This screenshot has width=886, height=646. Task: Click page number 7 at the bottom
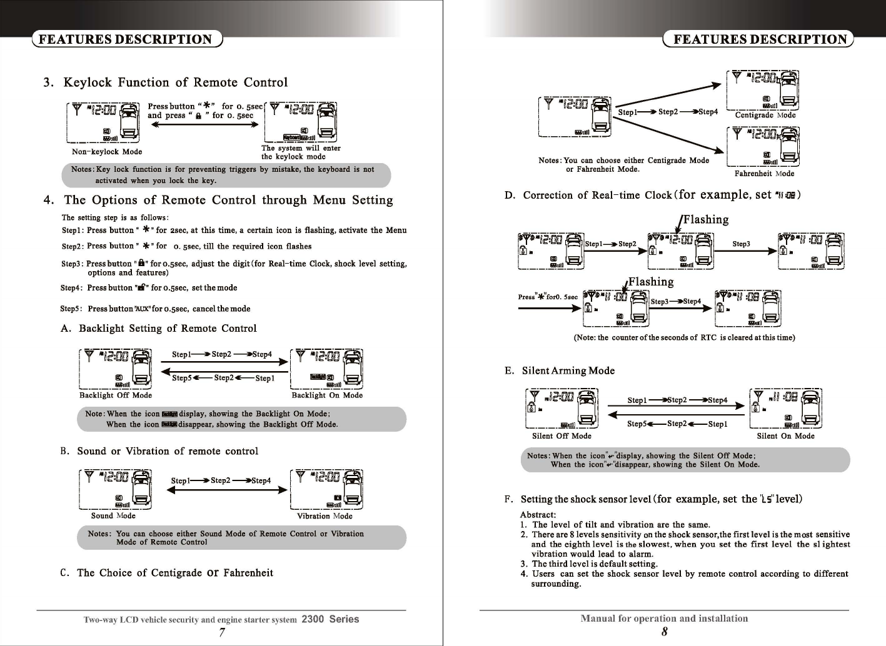tap(222, 632)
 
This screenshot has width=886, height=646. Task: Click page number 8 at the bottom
tap(664, 632)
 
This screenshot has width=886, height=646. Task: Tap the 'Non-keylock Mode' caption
tap(107, 152)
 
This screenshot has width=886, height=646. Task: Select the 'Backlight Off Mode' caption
tap(116, 395)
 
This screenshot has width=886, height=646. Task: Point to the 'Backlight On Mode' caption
tap(327, 395)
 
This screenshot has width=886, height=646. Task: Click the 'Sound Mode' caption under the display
tap(113, 516)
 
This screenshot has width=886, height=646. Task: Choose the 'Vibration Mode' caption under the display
tap(325, 517)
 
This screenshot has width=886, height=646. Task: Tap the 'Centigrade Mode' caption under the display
tap(765, 116)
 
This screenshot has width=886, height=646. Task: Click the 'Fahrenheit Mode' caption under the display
tap(764, 174)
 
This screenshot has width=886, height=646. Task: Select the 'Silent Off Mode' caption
tap(561, 436)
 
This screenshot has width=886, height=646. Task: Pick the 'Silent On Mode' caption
tap(785, 436)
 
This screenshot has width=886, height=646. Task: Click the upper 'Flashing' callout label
tap(706, 220)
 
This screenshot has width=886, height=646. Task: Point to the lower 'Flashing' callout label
tap(651, 282)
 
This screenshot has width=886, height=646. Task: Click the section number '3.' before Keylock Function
tap(49, 83)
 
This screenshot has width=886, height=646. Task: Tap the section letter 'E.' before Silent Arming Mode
tap(510, 371)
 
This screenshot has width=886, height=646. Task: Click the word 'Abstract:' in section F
tap(538, 515)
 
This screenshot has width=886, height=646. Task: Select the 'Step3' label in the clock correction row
tap(741, 244)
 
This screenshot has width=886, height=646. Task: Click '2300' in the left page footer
tap(313, 620)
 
